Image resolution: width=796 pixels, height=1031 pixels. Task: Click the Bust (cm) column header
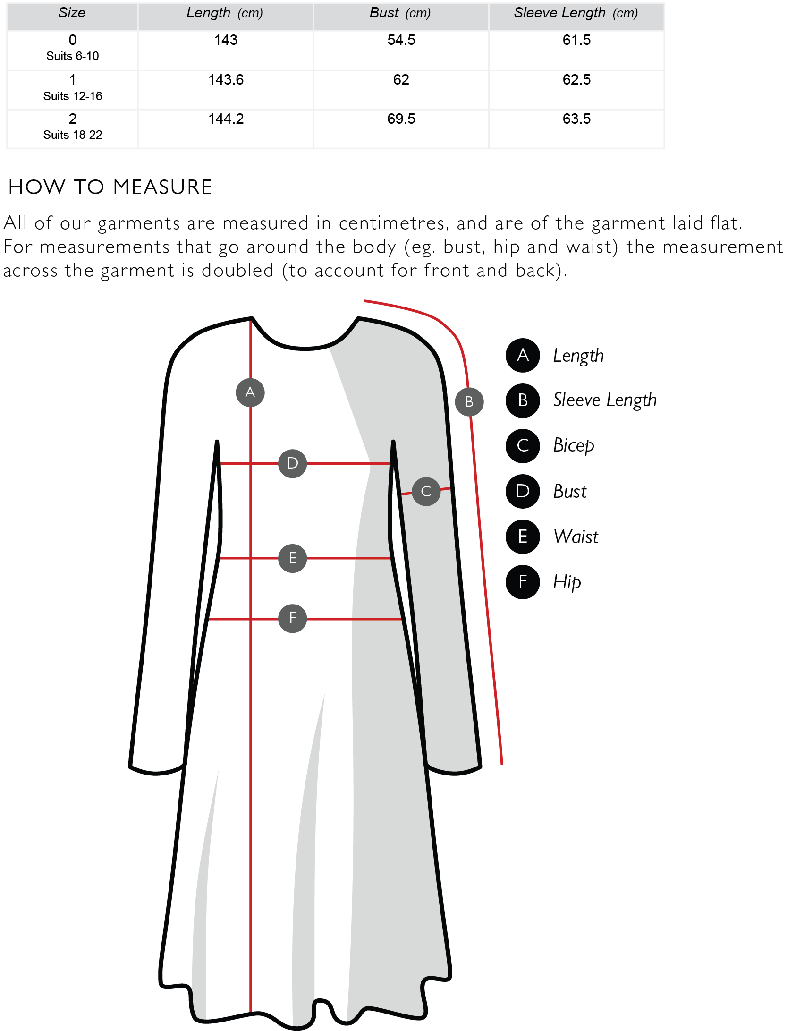pyautogui.click(x=400, y=13)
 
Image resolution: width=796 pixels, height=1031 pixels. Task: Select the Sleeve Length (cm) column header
pyautogui.click(x=576, y=13)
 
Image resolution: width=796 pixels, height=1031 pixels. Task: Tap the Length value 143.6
pyautogui.click(x=226, y=80)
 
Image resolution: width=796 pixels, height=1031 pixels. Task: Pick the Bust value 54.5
pyautogui.click(x=401, y=40)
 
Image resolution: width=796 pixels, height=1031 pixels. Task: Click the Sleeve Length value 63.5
pyautogui.click(x=576, y=119)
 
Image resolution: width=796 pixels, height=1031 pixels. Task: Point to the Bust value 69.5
pyautogui.click(x=401, y=119)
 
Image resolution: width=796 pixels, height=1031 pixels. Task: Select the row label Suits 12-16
pyautogui.click(x=73, y=96)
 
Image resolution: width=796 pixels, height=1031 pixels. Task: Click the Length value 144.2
pyautogui.click(x=226, y=119)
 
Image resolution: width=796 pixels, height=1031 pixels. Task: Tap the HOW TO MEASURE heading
pyautogui.click(x=110, y=187)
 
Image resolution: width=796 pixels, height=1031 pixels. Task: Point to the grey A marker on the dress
pyautogui.click(x=250, y=392)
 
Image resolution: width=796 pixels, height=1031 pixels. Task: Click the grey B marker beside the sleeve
pyautogui.click(x=469, y=402)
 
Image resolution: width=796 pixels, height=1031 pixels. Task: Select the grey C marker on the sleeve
pyautogui.click(x=426, y=492)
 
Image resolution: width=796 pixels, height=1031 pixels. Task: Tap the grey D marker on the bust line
pyautogui.click(x=293, y=463)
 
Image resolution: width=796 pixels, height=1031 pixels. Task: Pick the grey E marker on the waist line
pyautogui.click(x=293, y=558)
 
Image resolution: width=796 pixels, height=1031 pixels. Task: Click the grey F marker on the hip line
pyautogui.click(x=293, y=618)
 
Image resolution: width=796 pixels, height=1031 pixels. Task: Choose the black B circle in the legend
pyautogui.click(x=523, y=400)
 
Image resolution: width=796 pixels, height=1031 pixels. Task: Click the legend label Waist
pyautogui.click(x=576, y=537)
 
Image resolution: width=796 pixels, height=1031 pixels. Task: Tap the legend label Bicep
pyautogui.click(x=574, y=446)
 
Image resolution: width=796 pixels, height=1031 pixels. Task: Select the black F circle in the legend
pyautogui.click(x=523, y=582)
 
